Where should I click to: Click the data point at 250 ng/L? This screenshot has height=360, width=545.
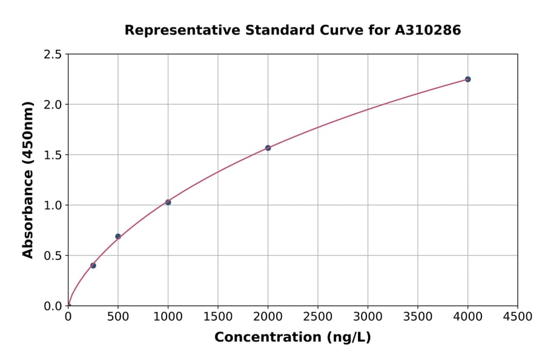tap(93, 265)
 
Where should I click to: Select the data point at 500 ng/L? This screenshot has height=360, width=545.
tap(118, 236)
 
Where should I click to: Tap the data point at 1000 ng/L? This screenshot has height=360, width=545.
tap(168, 202)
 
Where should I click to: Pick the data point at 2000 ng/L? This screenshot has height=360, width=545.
tap(268, 148)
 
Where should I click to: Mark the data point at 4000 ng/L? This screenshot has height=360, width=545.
tap(467, 79)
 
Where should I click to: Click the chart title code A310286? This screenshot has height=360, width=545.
tap(428, 30)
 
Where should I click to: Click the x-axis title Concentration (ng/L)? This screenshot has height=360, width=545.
tap(292, 338)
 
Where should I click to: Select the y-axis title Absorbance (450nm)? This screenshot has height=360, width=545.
tap(28, 180)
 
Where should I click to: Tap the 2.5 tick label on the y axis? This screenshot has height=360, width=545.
tap(53, 55)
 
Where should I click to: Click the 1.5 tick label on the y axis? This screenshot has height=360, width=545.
tap(53, 155)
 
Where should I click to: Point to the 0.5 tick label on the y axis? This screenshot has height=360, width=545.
tap(53, 256)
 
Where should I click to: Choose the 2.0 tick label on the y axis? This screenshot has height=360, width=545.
tap(53, 105)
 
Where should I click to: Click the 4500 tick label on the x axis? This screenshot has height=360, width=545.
tap(517, 316)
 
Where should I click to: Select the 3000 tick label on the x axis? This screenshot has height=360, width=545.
tap(368, 316)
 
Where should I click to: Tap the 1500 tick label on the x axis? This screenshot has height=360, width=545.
tap(218, 316)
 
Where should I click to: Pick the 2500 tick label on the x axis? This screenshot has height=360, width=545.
tap(318, 316)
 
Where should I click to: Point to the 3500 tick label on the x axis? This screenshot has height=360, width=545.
tap(418, 316)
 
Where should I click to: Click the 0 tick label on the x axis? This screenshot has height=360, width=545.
tap(68, 316)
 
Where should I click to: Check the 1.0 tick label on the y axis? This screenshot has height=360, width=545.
tap(53, 205)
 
